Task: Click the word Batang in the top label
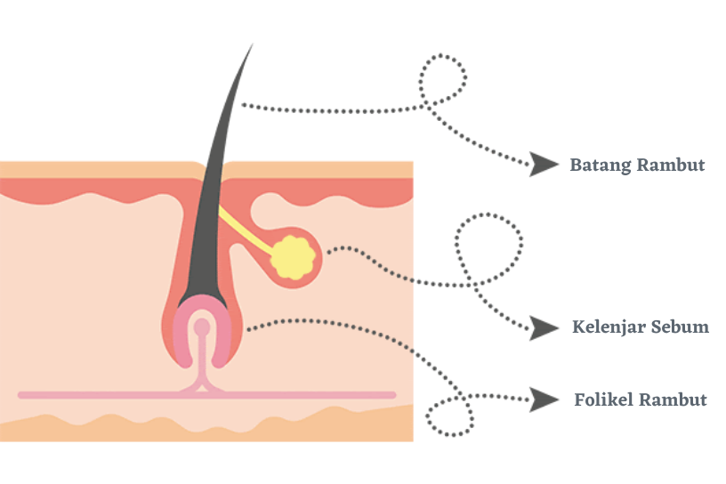[x=601, y=165]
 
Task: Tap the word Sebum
[x=681, y=327]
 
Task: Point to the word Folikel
[x=604, y=399]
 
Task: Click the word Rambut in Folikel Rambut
[x=674, y=399]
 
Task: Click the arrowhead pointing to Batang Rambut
[x=543, y=164]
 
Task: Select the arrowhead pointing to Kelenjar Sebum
[x=544, y=327]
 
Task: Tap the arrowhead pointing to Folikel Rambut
[x=544, y=399]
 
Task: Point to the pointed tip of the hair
[x=250, y=47]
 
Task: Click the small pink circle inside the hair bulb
[x=203, y=327]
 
